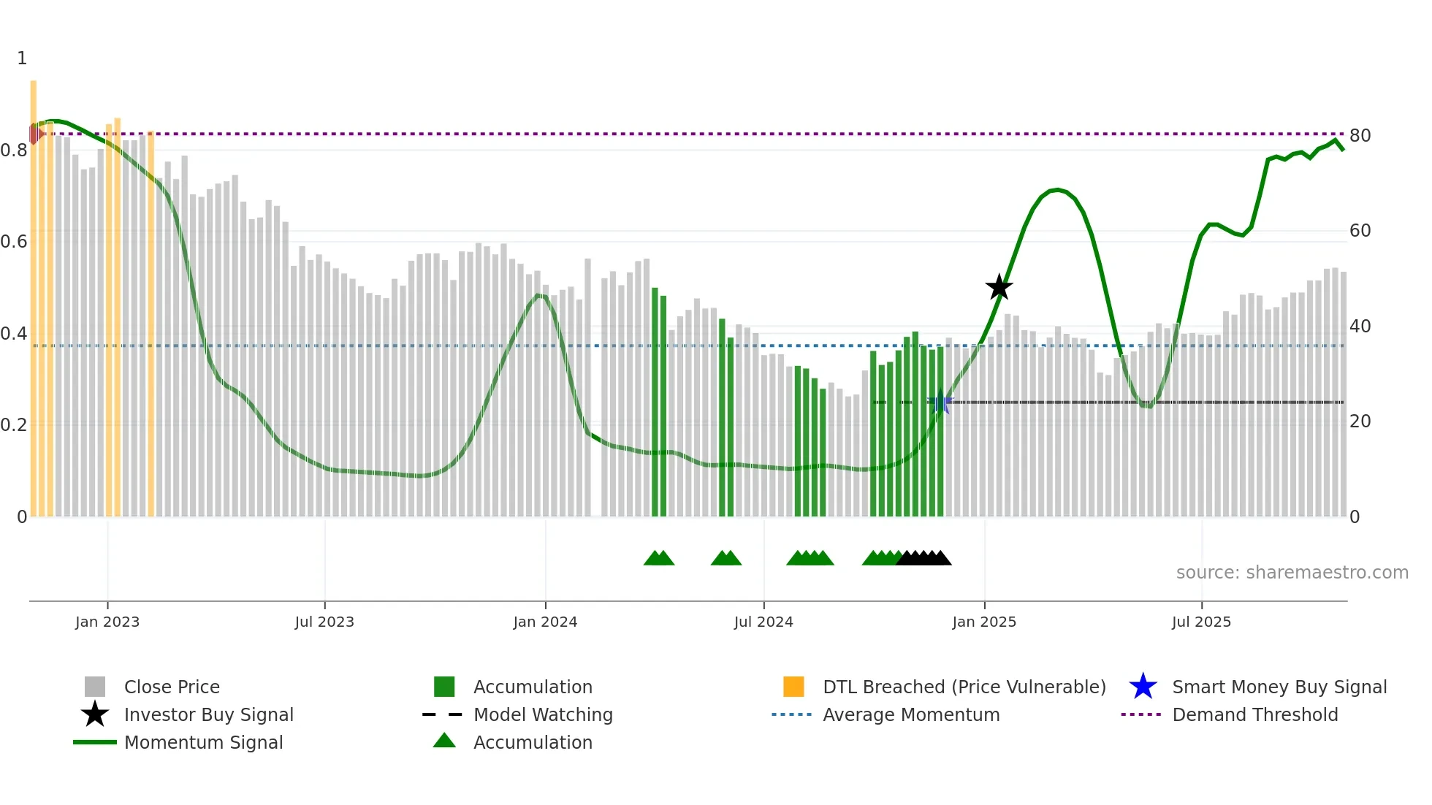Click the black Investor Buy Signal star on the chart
[x=999, y=287]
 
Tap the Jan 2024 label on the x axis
[x=545, y=622]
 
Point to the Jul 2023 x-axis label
[x=324, y=622]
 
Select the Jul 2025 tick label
[x=1201, y=622]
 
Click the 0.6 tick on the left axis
[x=14, y=242]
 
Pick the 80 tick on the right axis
[x=1360, y=136]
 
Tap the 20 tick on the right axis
[x=1360, y=421]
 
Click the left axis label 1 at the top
[x=22, y=58]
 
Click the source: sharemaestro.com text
[x=1292, y=573]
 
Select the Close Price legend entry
[x=172, y=687]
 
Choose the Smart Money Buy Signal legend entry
[x=1279, y=687]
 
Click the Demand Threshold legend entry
[x=1254, y=714]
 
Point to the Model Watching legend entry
[x=542, y=714]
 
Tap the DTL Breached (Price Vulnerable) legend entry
[x=964, y=687]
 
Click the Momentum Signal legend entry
[x=203, y=742]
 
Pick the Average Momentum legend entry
[x=910, y=714]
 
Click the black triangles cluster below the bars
[x=923, y=558]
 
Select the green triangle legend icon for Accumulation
[x=444, y=741]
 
